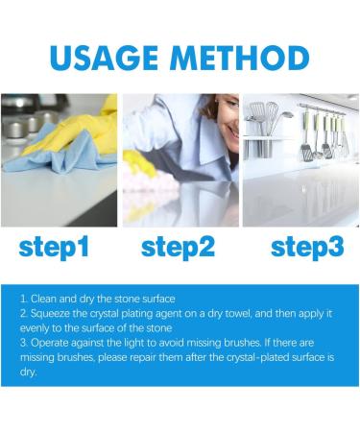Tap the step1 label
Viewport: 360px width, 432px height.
pyautogui.click(x=55, y=247)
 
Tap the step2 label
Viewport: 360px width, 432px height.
pyautogui.click(x=180, y=247)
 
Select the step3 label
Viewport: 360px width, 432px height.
pyautogui.click(x=306, y=247)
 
